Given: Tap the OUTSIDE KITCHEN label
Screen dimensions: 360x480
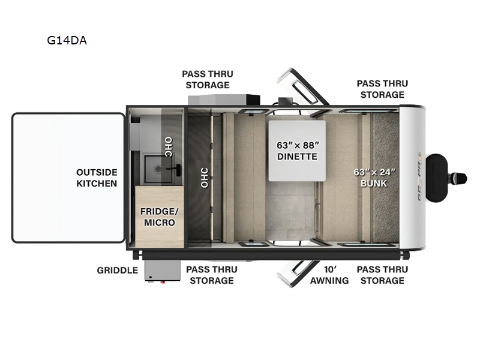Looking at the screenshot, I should point(97,178).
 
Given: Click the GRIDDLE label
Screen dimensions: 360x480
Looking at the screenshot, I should point(118,270).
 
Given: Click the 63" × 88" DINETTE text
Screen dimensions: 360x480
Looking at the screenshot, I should point(297,151).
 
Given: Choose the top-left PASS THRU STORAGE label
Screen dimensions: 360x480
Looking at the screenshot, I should point(208,79).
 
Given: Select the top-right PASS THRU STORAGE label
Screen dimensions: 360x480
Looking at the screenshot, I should point(382,89).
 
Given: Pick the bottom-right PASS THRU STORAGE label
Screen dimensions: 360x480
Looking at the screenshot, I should point(382,275).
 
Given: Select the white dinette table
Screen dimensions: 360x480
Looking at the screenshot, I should point(296,151).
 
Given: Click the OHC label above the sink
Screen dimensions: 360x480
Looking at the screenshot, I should point(169,148).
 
